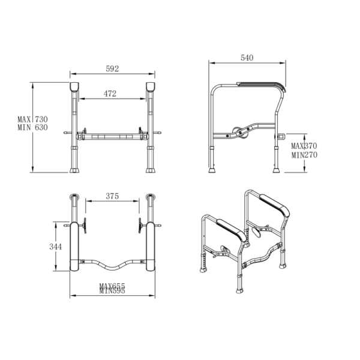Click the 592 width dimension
[x=112, y=68]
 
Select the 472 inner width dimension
[x=109, y=94]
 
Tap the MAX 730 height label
[x=32, y=119]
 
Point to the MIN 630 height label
[x=32, y=127]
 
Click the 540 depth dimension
[x=247, y=58]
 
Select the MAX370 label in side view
[x=304, y=146]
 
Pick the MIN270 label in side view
[x=304, y=155]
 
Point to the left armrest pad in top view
[x=74, y=246]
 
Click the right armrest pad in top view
[x=150, y=246]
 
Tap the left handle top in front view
[x=74, y=85]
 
